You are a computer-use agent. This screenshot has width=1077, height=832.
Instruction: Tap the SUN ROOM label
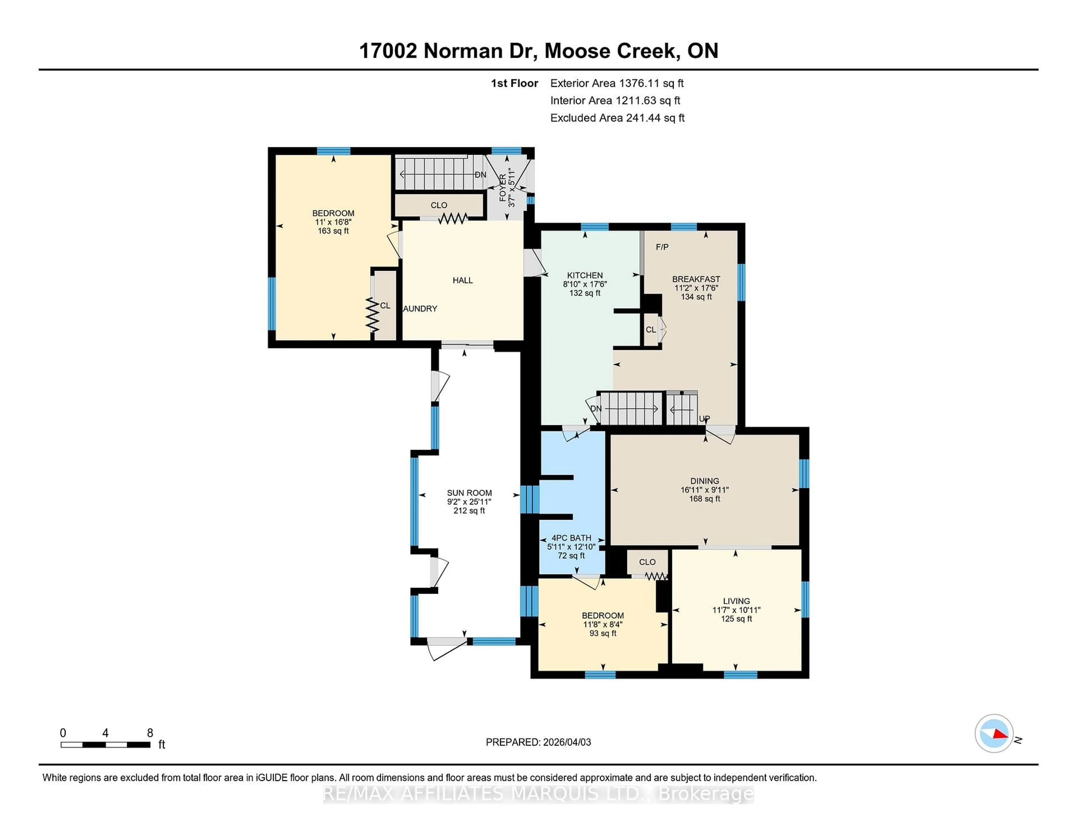[469, 493]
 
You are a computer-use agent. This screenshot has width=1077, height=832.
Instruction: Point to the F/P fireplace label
[662, 247]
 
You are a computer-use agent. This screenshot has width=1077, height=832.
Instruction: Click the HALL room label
[462, 280]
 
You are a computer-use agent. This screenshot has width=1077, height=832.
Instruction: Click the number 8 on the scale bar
[150, 733]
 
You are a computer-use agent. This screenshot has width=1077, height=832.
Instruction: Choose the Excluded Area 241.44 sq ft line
[617, 118]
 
